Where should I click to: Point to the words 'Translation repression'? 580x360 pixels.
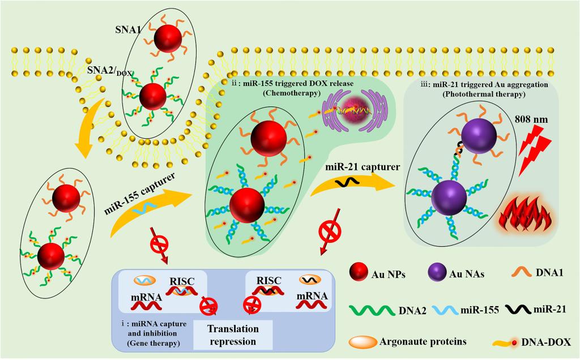coord(232,335)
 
